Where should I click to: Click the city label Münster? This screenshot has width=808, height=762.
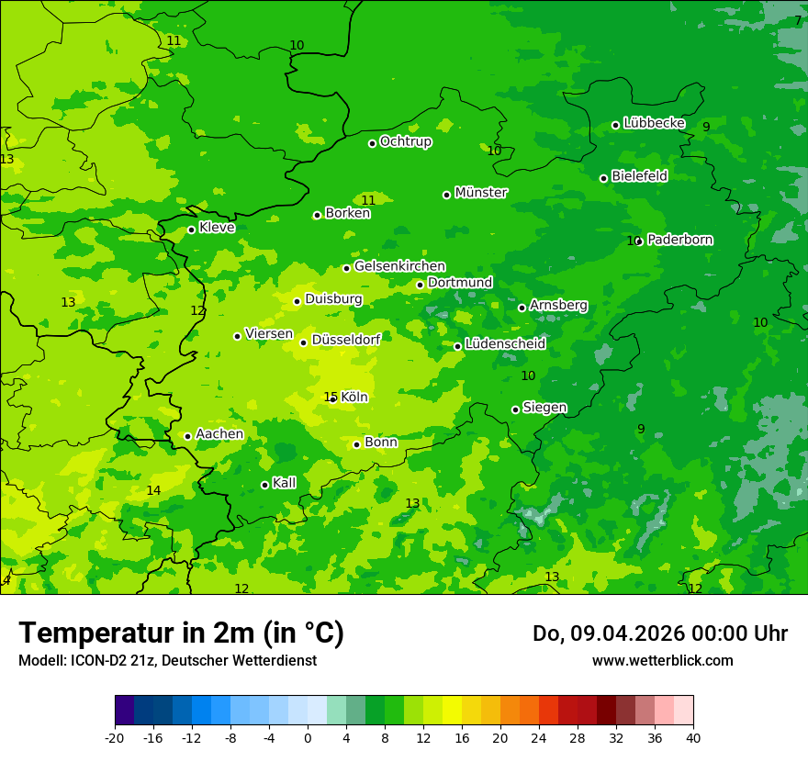tap(480, 193)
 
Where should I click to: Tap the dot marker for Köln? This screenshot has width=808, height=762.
tap(333, 398)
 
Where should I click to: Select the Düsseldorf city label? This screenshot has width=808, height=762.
tap(346, 340)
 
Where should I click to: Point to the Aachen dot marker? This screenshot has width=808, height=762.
tap(187, 436)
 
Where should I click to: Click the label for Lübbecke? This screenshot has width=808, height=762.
tap(654, 123)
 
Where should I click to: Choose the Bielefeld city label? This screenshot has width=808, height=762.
tap(639, 176)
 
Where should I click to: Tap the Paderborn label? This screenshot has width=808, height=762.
tap(679, 240)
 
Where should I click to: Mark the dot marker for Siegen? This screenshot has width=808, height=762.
tap(515, 409)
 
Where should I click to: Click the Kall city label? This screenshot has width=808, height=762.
tap(285, 483)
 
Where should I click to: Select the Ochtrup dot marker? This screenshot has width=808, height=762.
tap(372, 143)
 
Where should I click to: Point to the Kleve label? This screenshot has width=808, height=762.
tap(217, 228)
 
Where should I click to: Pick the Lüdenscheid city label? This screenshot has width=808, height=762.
tap(505, 344)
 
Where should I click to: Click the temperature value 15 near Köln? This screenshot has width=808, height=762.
tap(330, 397)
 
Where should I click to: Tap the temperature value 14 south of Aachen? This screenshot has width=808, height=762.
tap(153, 491)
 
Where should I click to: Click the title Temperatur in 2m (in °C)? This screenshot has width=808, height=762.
tap(181, 633)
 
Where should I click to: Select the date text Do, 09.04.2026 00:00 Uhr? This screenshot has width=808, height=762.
tap(659, 633)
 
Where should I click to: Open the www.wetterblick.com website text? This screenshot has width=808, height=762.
tap(662, 661)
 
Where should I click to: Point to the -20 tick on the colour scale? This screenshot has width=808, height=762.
tap(115, 737)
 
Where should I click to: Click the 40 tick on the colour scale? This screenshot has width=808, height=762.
tap(692, 737)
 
